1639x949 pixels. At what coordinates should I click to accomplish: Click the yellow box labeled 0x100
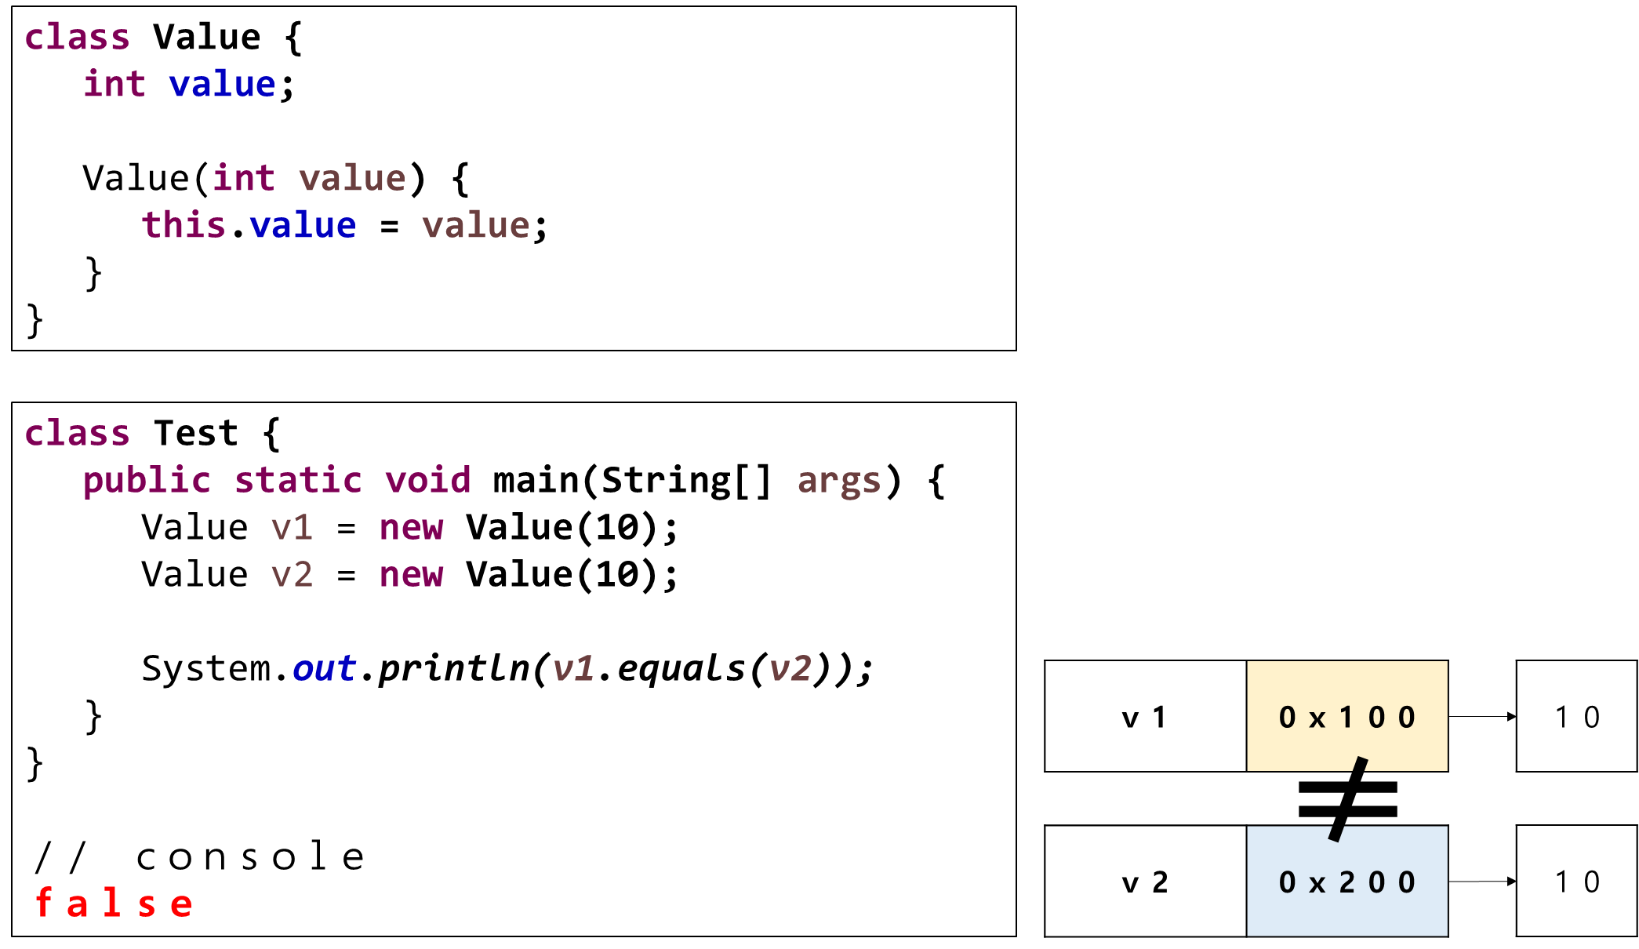click(1347, 716)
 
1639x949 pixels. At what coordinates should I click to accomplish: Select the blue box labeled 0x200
click(1347, 881)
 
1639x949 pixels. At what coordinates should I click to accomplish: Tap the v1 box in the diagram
click(1146, 716)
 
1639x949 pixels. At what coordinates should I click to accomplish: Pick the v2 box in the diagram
click(1146, 881)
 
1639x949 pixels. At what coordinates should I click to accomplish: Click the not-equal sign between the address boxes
click(1348, 799)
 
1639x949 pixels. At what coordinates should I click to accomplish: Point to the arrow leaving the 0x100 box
click(1482, 716)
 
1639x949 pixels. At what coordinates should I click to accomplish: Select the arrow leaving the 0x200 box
click(1482, 882)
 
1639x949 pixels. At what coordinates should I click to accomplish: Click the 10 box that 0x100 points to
click(1576, 716)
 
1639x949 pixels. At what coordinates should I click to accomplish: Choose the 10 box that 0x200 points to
click(1576, 881)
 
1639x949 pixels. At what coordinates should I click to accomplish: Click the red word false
click(114, 904)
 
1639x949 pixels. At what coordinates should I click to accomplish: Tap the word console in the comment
click(250, 856)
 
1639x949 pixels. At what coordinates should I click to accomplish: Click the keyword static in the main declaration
click(298, 480)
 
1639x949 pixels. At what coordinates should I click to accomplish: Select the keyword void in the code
click(427, 480)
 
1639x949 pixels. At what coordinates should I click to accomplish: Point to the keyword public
click(147, 481)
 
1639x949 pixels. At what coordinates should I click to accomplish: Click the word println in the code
click(453, 669)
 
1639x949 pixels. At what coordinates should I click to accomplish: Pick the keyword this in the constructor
click(184, 225)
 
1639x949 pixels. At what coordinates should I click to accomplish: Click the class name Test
click(195, 433)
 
